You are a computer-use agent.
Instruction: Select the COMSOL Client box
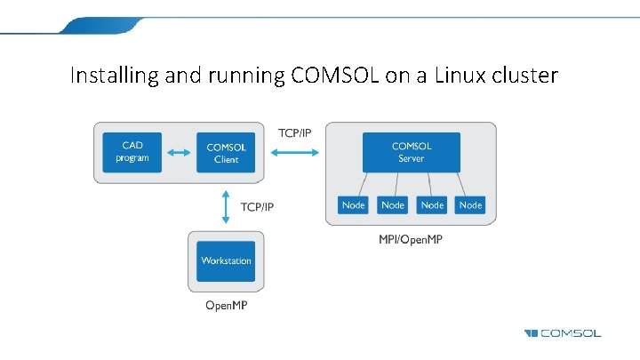coord(227,153)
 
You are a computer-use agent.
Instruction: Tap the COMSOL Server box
coord(411,152)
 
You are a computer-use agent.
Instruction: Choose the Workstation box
coord(226,261)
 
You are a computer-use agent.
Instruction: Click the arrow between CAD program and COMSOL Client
coord(180,153)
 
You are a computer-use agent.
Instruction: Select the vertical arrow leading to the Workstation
coord(226,206)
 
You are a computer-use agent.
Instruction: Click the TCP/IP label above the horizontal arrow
coord(295,132)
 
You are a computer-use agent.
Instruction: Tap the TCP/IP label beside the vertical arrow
coord(258,207)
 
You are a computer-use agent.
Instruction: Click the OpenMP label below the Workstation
coord(226,307)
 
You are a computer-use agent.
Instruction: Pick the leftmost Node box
coord(353,205)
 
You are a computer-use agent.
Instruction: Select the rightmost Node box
coord(470,205)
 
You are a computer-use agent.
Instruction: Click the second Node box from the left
coord(392,205)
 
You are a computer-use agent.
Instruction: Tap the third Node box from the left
coord(432,205)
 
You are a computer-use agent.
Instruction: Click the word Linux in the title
coord(453,76)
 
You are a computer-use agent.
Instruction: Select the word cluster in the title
coord(524,76)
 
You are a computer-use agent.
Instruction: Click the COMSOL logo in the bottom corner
coord(562,333)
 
